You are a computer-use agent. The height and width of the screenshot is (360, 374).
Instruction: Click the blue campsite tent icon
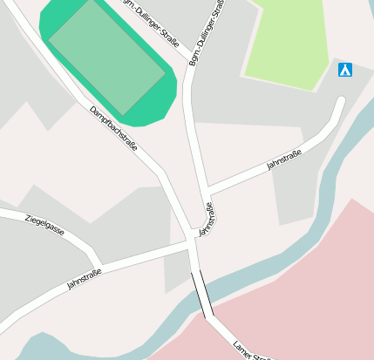tap(345, 70)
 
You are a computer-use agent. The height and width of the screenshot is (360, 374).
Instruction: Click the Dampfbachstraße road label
tap(113, 129)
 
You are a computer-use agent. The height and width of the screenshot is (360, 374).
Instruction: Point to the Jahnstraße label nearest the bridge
tap(206, 220)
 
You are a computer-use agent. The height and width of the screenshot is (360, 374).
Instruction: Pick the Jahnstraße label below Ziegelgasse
tap(84, 279)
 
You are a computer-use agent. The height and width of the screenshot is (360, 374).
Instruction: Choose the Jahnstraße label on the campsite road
tap(284, 159)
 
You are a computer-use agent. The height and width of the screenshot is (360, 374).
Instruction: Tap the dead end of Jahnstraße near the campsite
tap(341, 101)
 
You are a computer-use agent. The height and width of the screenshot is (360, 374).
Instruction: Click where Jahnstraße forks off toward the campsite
tap(206, 191)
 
